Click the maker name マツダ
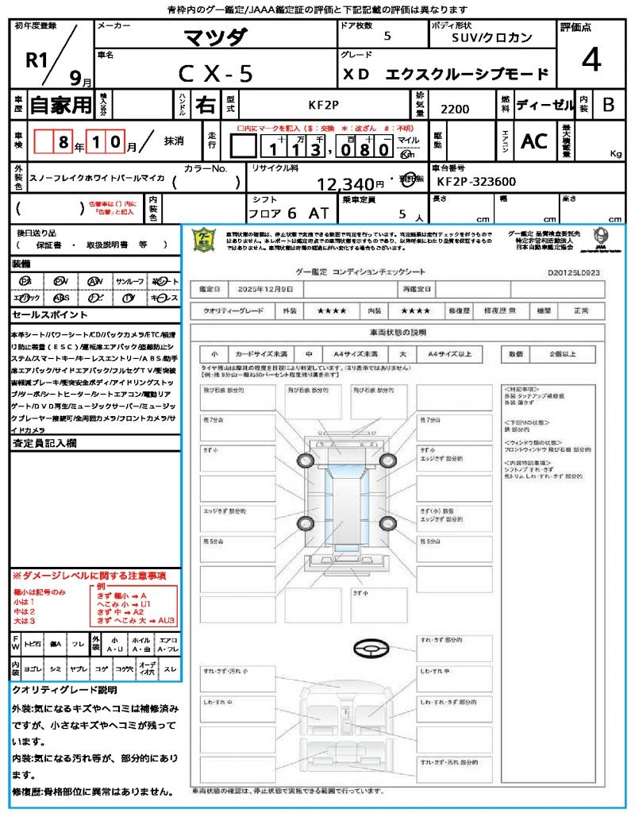(215, 37)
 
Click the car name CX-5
(215, 73)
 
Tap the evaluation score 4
(591, 60)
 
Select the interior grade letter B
(608, 104)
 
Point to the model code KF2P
(324, 104)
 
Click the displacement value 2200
(455, 109)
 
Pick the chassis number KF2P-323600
(476, 182)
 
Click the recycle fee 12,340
(345, 184)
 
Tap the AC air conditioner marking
(534, 141)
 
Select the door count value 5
(387, 36)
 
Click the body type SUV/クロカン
(492, 37)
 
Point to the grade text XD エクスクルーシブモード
(446, 74)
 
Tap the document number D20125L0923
(573, 272)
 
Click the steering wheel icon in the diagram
(370, 650)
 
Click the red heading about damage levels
(89, 575)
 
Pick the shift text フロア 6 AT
(288, 214)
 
